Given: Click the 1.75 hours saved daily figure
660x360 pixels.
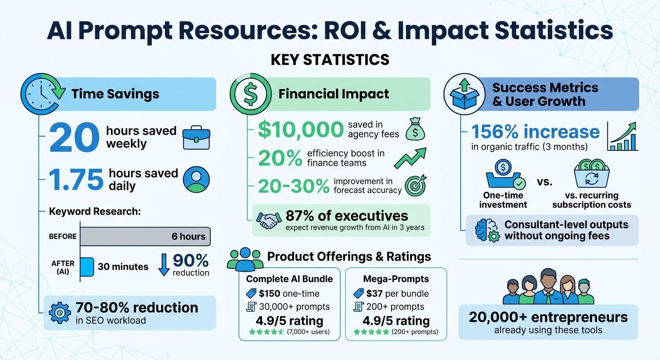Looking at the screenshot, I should [76, 180].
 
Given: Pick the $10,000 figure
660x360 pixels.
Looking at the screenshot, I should [300, 130].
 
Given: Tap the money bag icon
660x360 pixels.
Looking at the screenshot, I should [415, 129].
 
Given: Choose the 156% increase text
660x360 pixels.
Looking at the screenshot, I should [535, 132].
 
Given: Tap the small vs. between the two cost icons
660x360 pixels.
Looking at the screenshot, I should [544, 181].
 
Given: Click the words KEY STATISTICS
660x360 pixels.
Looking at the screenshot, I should [330, 60].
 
